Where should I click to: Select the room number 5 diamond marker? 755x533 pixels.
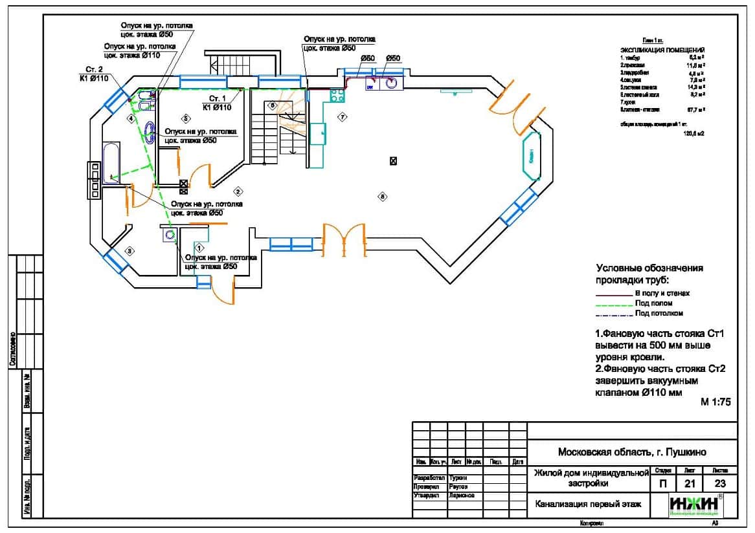185,118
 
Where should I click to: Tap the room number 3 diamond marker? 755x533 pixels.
130,250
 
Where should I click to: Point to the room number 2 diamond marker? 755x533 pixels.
238,191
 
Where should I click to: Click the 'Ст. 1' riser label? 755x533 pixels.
216,98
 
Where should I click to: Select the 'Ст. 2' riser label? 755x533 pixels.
95,69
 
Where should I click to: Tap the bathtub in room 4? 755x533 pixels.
111,162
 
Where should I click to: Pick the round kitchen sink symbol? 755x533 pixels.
391,83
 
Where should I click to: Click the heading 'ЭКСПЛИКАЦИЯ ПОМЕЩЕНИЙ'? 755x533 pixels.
662,50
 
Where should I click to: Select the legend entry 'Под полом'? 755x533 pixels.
653,303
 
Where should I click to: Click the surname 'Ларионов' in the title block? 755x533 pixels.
462,495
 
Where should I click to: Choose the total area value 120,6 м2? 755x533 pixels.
694,133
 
